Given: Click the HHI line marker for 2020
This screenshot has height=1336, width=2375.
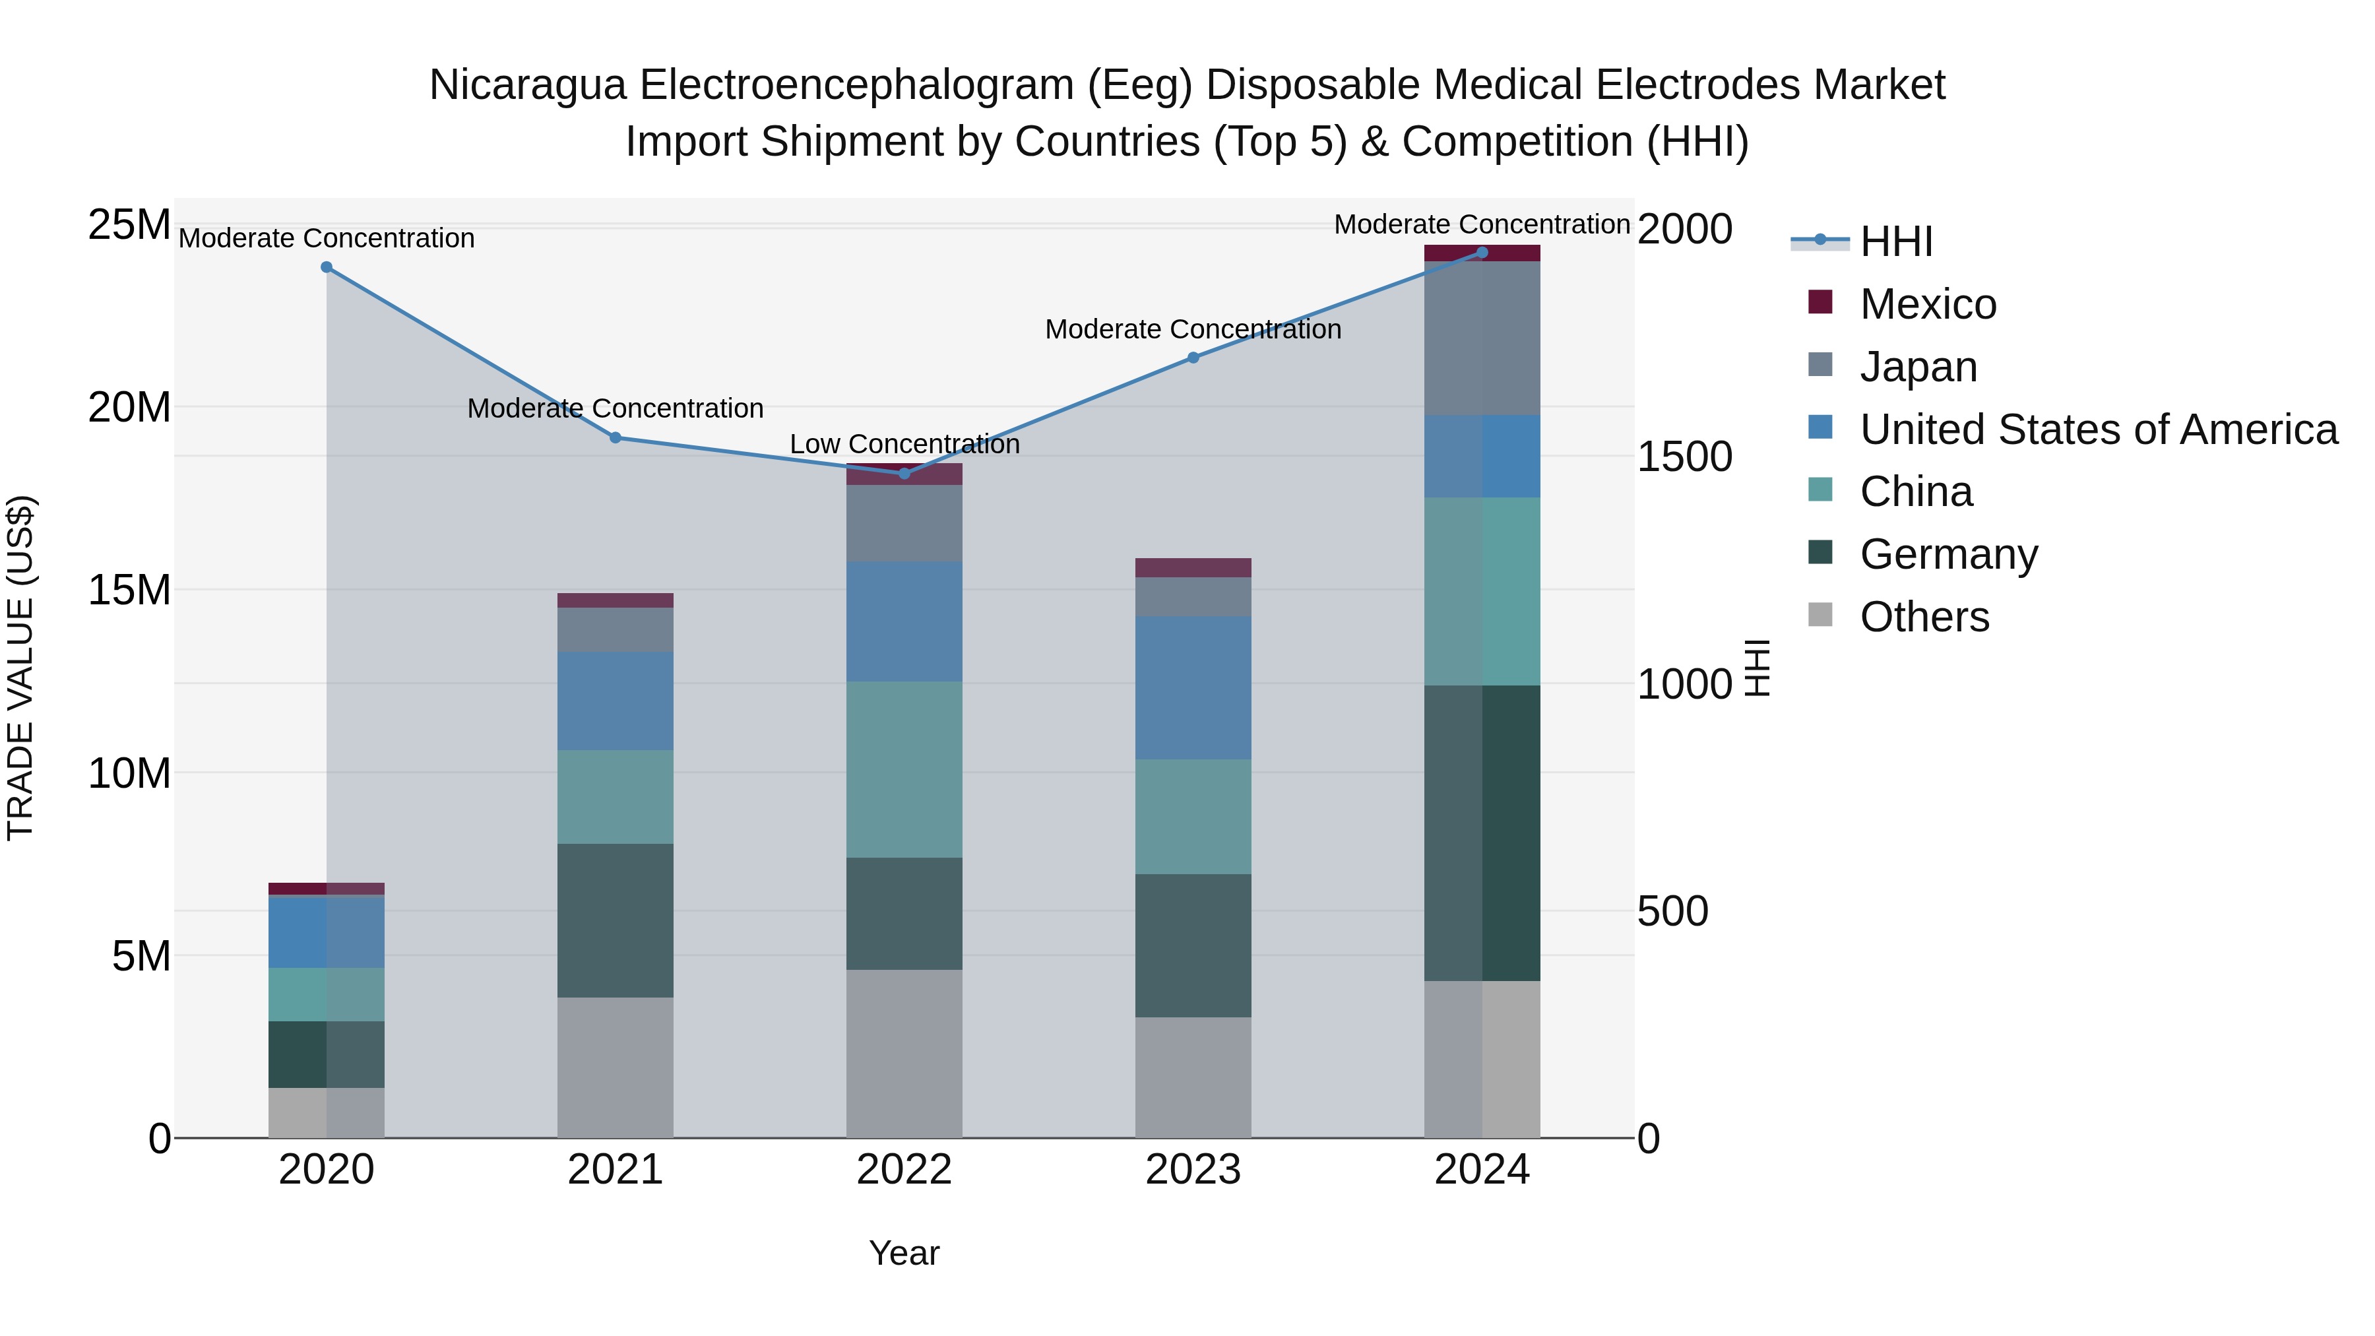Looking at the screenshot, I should click(x=327, y=267).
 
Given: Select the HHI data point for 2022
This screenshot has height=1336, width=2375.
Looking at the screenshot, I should click(x=904, y=473).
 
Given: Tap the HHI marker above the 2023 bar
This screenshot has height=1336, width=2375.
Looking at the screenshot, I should click(x=1193, y=358).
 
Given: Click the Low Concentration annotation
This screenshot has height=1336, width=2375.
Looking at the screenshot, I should click(x=904, y=445).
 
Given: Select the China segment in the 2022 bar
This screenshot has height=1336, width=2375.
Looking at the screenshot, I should click(x=904, y=770).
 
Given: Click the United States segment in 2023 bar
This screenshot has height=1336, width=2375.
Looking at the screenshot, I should click(x=1193, y=688).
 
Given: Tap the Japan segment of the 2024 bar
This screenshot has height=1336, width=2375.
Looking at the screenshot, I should click(x=1482, y=338).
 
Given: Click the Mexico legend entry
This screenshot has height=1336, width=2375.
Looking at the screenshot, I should click(x=1928, y=304).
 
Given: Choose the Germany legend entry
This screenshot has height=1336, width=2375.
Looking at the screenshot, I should click(x=1948, y=554).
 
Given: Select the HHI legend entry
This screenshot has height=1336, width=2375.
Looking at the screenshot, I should click(x=1895, y=241).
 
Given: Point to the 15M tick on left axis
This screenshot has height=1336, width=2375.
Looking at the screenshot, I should click(x=129, y=590).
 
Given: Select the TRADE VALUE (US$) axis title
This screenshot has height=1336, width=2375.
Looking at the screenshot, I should click(x=20, y=668).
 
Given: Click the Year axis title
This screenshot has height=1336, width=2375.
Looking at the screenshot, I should click(x=904, y=1253).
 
